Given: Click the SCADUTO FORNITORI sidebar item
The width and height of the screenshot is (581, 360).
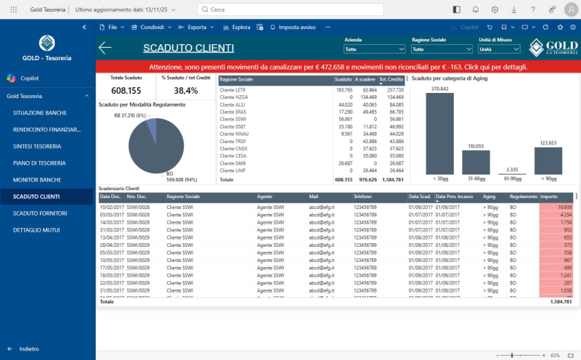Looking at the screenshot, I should (40, 213).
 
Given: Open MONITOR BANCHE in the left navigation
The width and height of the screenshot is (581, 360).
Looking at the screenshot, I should (36, 179).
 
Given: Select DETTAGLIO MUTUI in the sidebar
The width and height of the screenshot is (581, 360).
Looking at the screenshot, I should (36, 230).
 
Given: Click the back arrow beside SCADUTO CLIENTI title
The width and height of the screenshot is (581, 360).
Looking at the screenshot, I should (105, 48).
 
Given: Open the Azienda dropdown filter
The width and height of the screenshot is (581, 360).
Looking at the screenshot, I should (375, 49).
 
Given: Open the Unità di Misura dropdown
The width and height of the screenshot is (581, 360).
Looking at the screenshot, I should (499, 49).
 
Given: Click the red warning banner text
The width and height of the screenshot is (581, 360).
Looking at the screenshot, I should (338, 66).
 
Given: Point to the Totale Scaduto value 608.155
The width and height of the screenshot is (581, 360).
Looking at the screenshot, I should (126, 91).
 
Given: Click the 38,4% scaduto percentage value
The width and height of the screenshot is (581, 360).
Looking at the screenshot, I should (186, 91).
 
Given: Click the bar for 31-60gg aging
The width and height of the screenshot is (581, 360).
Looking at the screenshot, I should (476, 163).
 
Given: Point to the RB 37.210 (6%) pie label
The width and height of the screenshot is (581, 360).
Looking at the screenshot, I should (130, 115).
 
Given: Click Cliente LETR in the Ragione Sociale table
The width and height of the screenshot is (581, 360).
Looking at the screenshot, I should (233, 90).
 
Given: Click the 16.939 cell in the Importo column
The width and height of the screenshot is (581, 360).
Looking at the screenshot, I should (556, 207).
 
